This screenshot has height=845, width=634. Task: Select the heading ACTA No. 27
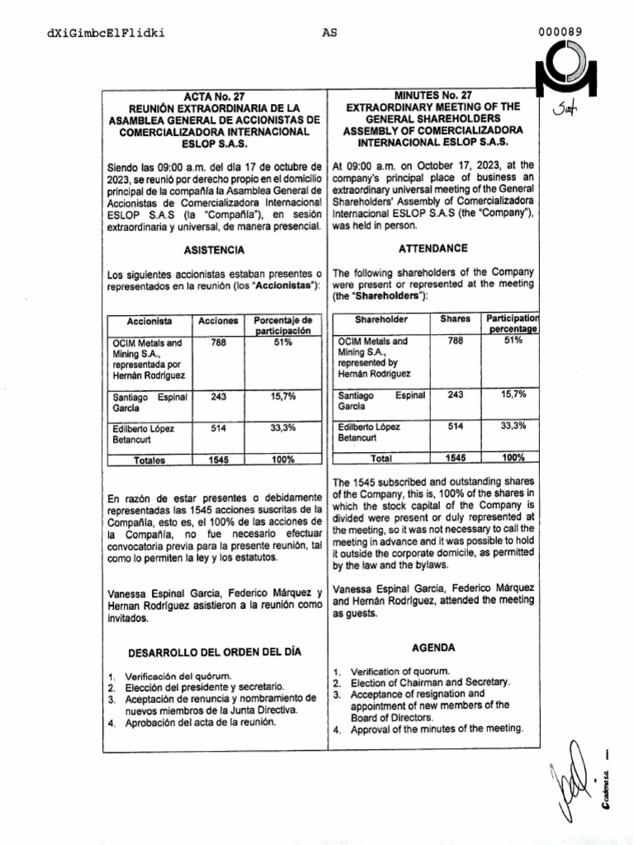[213, 96]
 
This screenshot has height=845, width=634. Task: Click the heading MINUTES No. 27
[433, 96]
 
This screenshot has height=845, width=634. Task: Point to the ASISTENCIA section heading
[213, 249]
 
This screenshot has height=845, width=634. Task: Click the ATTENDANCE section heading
[433, 248]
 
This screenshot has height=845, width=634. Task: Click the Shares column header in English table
[455, 319]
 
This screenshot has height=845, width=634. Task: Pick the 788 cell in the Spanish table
[219, 342]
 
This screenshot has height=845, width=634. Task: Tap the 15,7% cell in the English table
[513, 394]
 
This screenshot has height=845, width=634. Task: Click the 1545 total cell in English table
[455, 457]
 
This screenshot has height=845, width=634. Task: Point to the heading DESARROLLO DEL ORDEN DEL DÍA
[214, 652]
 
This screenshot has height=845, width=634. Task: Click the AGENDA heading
[433, 648]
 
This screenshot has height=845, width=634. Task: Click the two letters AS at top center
[329, 33]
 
